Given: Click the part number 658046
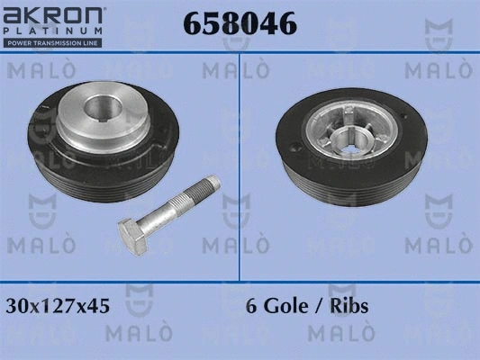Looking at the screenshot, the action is [x=240, y=23].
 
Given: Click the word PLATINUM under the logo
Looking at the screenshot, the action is [x=52, y=31].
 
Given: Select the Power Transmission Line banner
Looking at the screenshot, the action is [x=52, y=43].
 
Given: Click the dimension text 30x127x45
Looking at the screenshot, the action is [x=58, y=306].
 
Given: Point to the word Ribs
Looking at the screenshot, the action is [x=349, y=306].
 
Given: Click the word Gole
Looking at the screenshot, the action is [x=285, y=306].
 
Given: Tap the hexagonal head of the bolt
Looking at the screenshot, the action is [x=133, y=237].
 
